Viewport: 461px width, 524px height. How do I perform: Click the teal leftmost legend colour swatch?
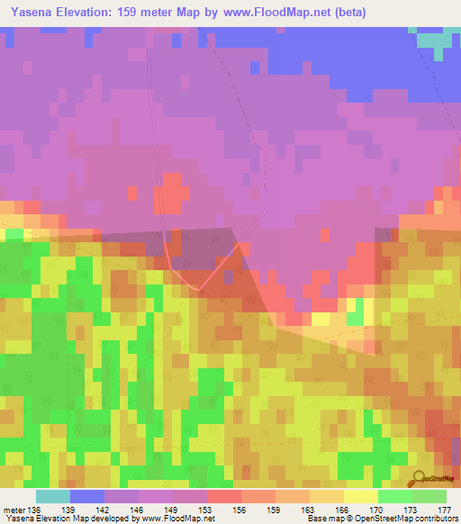(53, 496)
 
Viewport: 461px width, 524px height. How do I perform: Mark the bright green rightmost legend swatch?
(429, 496)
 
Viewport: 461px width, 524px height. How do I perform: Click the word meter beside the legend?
(14, 510)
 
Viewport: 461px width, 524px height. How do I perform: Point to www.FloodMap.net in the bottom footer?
(171, 519)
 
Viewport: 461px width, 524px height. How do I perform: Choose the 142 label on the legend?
(104, 510)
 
